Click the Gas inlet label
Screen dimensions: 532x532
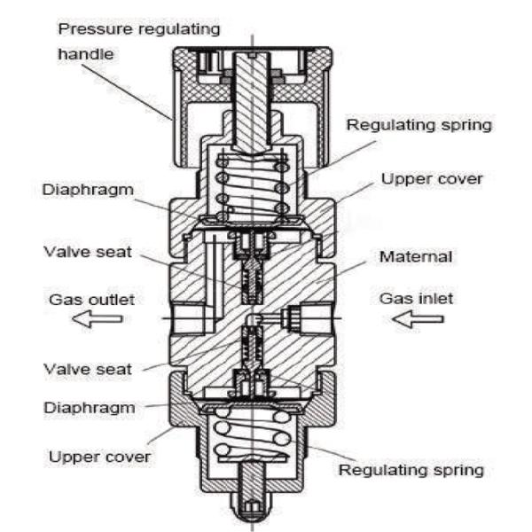point(416,299)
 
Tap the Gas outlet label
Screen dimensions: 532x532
point(91,300)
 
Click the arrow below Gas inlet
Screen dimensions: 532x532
point(418,319)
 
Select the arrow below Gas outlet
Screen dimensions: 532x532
point(98,319)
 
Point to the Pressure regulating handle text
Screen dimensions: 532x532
point(139,41)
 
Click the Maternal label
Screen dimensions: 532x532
point(416,256)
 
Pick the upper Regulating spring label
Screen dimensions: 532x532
point(419,125)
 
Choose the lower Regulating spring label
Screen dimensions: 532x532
point(411,470)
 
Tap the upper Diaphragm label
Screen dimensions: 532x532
point(88,190)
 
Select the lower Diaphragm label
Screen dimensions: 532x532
point(90,408)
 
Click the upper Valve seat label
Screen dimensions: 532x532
point(88,252)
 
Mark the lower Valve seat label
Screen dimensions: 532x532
point(88,369)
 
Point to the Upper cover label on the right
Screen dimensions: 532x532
point(432,179)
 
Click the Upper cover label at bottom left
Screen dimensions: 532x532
point(99,457)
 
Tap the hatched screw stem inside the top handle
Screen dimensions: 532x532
point(252,102)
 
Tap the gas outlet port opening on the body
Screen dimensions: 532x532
point(189,318)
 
